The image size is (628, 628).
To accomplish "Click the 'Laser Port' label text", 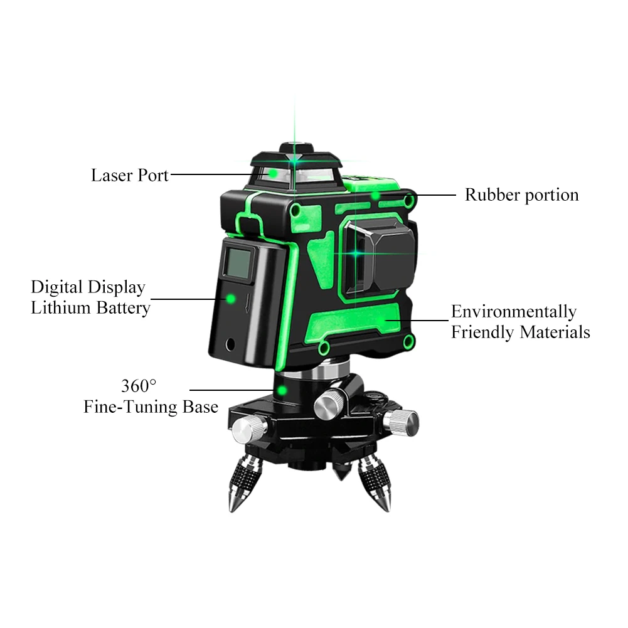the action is (130, 176).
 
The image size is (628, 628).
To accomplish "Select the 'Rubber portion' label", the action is (521, 195).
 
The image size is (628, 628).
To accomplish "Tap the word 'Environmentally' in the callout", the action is (514, 312).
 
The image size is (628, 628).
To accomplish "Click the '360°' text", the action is (139, 386).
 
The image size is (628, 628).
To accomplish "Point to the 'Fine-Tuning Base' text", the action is (151, 407).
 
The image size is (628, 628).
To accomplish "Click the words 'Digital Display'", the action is (88, 287).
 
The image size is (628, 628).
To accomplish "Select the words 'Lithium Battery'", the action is (90, 308).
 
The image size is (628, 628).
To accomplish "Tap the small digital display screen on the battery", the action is (238, 262).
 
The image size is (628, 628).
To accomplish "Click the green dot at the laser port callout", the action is (273, 174).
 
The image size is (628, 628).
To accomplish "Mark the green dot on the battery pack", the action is (230, 299).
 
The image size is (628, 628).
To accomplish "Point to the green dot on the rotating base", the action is (282, 390).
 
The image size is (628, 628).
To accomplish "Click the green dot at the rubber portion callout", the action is (375, 196).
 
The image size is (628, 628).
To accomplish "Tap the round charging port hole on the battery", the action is (230, 344).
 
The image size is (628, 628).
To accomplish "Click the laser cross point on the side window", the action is (355, 253).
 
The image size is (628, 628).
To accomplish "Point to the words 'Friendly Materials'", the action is (521, 333).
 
